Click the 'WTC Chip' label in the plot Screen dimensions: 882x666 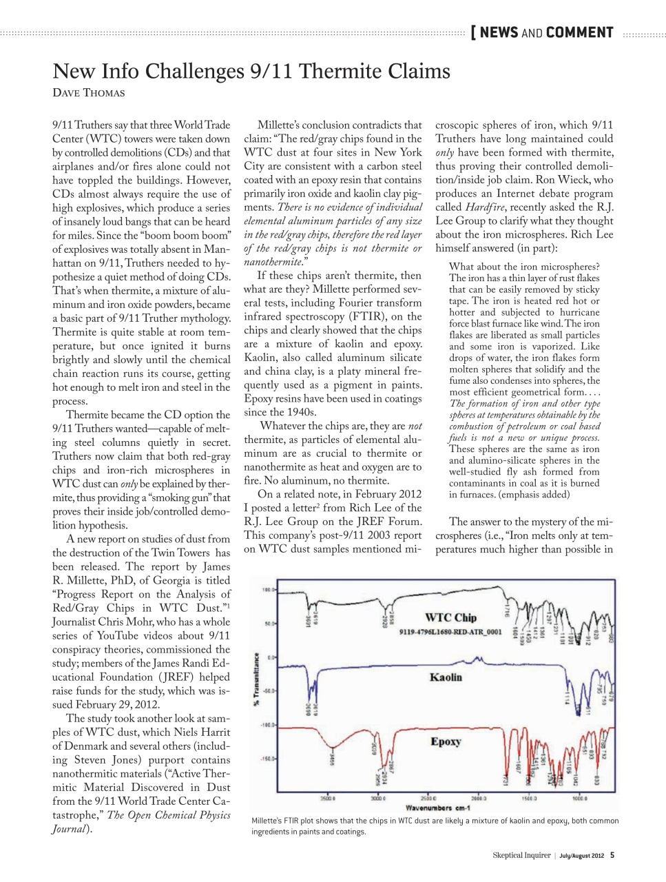coord(450,617)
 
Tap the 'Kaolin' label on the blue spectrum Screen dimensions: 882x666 coord(446,677)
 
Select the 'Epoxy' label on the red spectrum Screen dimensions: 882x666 coord(446,741)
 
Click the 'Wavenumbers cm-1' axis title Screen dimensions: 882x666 coord(438,808)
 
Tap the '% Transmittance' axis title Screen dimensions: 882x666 coord(257,679)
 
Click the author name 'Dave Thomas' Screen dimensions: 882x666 coord(89,93)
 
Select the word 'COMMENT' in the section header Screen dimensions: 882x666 coord(579,32)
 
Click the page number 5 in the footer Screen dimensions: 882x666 coord(612,855)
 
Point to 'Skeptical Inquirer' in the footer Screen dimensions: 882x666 coord(521,855)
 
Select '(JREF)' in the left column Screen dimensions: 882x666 coord(161,677)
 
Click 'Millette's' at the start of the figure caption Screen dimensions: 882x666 coord(267,821)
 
